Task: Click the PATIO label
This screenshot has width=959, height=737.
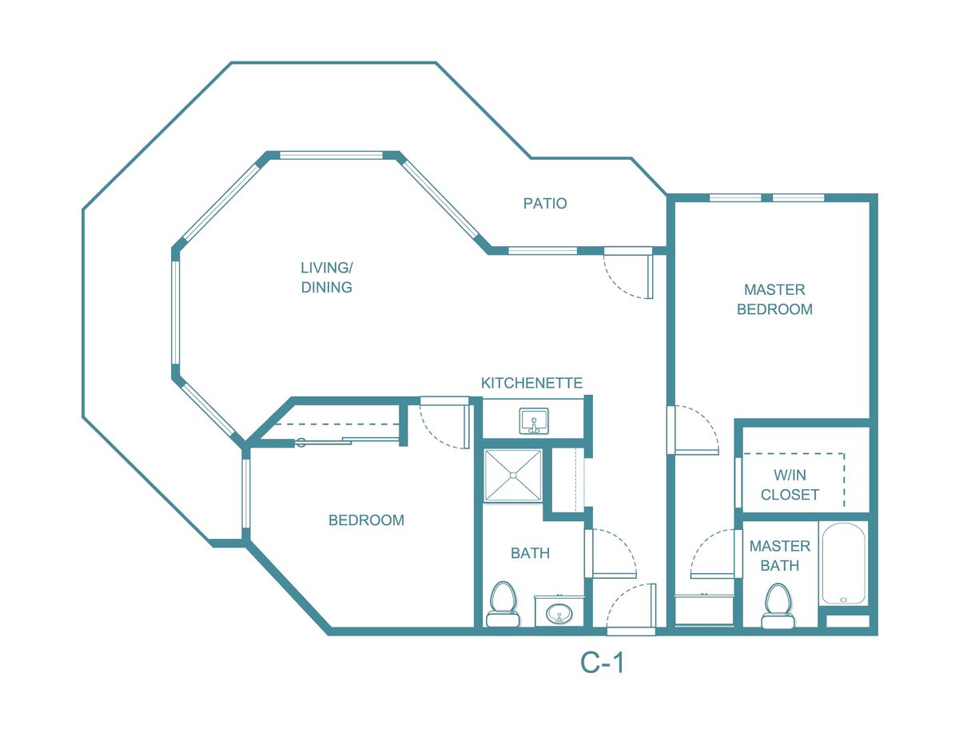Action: pos(545,203)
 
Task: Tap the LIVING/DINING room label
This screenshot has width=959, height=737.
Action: pos(326,277)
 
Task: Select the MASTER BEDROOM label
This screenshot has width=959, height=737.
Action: pos(774,299)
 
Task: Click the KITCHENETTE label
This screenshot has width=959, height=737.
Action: pos(531,383)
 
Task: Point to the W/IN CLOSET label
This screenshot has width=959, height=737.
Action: pos(790,484)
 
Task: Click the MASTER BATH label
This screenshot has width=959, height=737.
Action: pos(779,556)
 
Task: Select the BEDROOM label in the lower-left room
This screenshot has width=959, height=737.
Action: pos(366,520)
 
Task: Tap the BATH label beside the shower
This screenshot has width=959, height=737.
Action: pos(530,552)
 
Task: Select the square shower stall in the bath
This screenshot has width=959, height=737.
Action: pos(513,476)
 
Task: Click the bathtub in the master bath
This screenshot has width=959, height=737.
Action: pos(843,564)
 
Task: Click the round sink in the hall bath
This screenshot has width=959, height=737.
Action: pos(557,614)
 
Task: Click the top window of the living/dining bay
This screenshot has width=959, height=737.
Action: pos(331,155)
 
